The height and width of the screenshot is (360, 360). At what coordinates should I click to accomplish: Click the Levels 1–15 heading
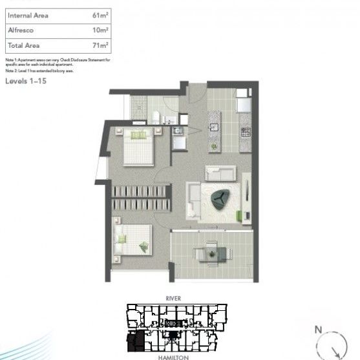[x=26, y=81]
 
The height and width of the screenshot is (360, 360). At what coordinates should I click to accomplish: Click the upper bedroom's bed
[x=138, y=147]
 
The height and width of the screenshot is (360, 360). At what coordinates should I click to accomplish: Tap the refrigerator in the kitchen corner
[x=244, y=103]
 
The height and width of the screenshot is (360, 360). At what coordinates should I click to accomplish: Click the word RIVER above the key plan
[x=173, y=298]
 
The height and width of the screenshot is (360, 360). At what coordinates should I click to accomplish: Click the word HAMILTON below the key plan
[x=173, y=356]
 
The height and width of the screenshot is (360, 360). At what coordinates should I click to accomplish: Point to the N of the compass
[x=318, y=330]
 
